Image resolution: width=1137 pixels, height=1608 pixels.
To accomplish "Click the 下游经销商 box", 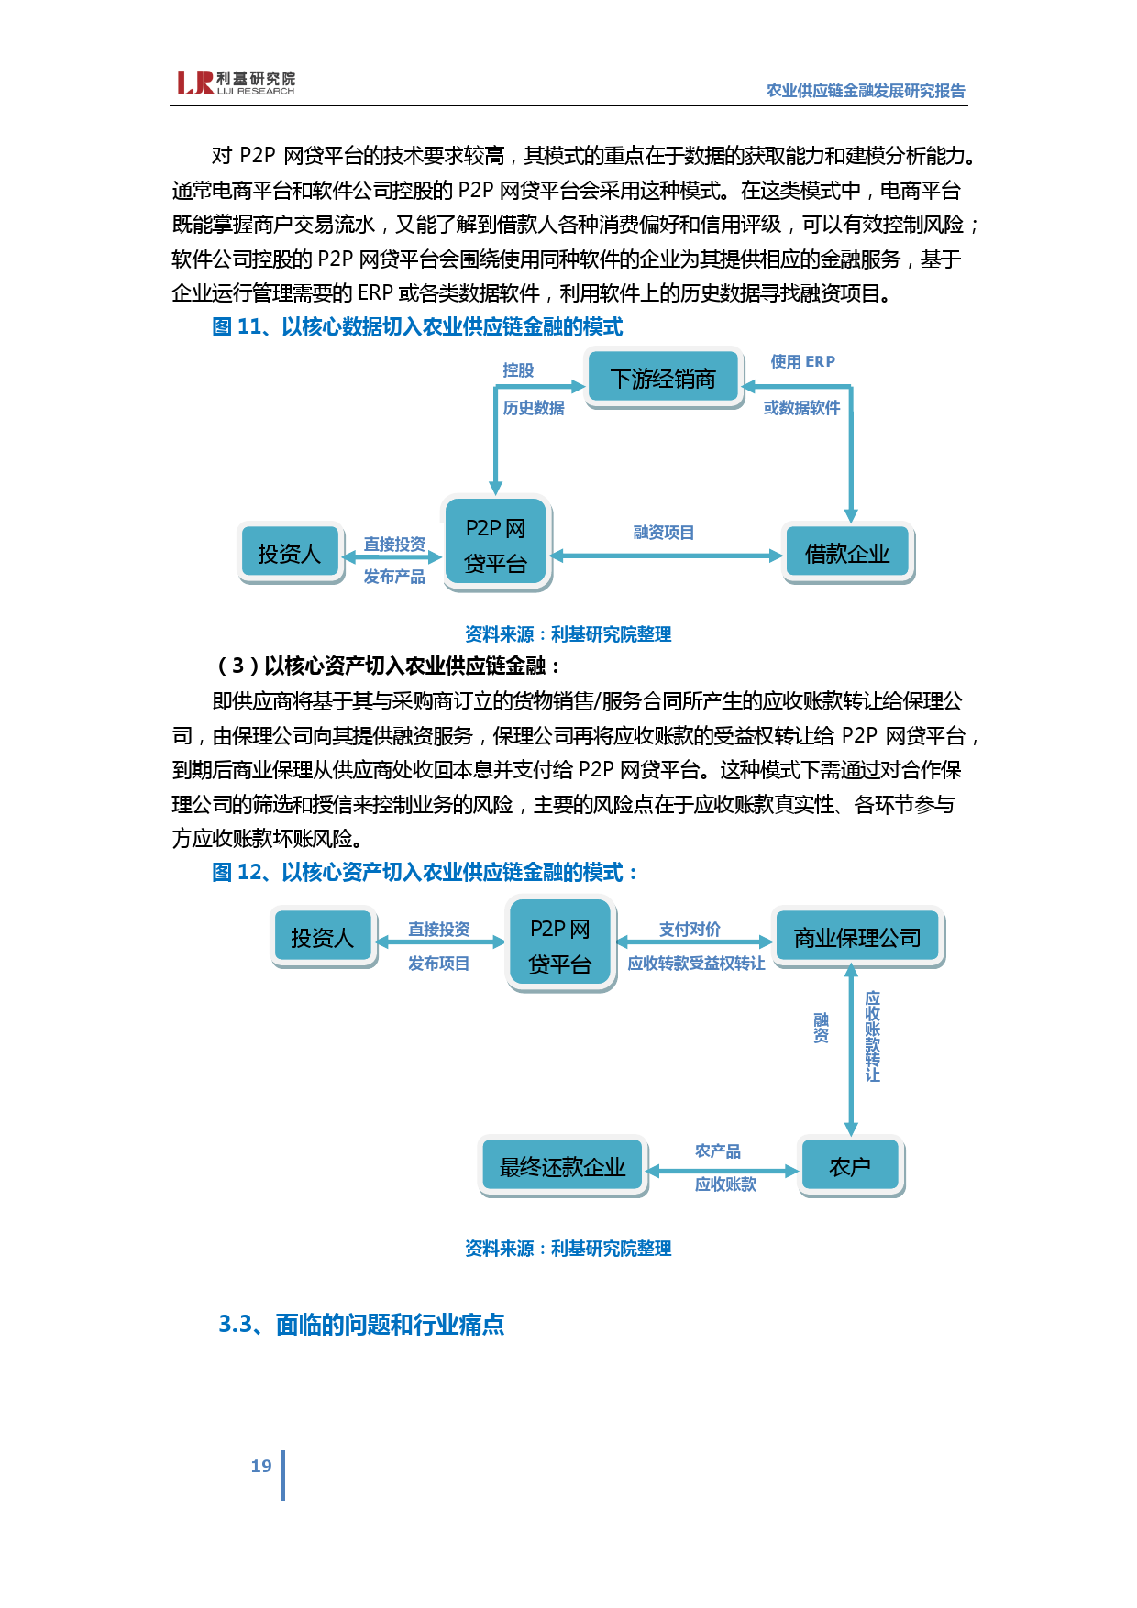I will pos(663,379).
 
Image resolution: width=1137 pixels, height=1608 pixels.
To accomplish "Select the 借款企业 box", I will pos(847,553).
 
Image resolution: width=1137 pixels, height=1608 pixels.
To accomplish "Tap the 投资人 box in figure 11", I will pos(289,553).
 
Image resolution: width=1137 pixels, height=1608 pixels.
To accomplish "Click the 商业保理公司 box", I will pos(857,937).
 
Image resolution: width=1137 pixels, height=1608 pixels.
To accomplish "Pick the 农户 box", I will pos(850,1166).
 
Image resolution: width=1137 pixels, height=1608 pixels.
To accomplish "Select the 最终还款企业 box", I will pos(562,1166).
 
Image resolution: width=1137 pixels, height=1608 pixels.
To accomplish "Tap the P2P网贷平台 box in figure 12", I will pos(560,945).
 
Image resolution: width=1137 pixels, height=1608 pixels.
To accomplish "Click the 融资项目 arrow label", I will pos(663,533).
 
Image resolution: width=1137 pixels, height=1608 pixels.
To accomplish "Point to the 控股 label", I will pos(518,370).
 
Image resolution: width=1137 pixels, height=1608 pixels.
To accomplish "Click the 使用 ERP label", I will pos(802,362).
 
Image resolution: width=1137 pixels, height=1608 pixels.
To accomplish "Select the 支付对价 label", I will pos(690,930).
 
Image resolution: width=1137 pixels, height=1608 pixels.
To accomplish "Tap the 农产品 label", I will pos(718,1151).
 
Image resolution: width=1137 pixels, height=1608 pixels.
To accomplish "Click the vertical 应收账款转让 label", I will pos(873,1036).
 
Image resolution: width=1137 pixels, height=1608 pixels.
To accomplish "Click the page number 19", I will pos(261,1467).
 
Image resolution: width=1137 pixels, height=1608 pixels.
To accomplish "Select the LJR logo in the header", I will pos(236,83).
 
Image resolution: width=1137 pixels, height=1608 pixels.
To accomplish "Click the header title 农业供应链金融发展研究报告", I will pos(866,91).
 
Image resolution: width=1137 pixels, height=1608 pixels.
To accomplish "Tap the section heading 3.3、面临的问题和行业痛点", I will pos(361,1325).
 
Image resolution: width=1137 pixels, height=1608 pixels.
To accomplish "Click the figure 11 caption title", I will pos(417,327).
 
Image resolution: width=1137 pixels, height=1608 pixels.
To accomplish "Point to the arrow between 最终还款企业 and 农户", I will pos(723,1171).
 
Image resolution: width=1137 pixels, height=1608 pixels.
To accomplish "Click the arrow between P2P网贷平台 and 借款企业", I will pos(666,556).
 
